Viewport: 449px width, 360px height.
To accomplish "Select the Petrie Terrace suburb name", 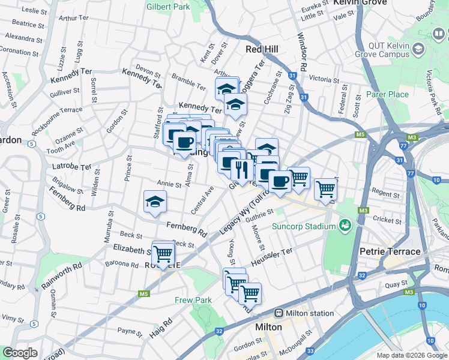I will point(390,251).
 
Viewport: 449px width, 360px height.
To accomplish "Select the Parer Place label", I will point(387,94).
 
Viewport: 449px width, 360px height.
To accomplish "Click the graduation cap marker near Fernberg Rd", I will point(155,202).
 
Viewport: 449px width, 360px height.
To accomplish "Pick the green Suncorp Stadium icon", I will point(345,226).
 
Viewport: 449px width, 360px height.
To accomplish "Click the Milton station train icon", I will point(279,313).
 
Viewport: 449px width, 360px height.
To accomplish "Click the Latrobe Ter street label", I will point(71,167).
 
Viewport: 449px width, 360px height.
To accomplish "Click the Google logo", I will point(20,353).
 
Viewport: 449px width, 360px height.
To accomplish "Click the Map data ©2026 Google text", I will point(412,355).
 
